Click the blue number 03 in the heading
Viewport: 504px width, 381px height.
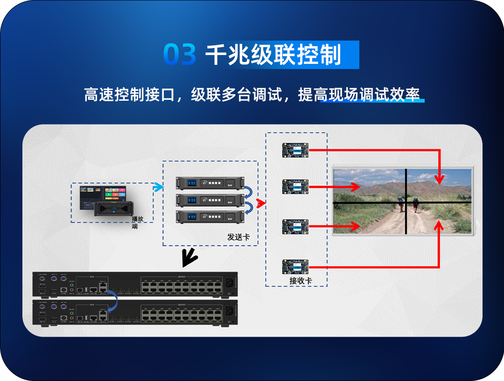tap(180, 55)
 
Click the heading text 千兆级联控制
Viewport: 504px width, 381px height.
tap(273, 55)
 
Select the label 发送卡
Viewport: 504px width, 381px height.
tap(238, 237)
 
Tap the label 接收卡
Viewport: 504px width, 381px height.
tap(301, 281)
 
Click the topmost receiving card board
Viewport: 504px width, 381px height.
tap(295, 150)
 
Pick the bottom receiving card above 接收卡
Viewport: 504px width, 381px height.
tap(295, 267)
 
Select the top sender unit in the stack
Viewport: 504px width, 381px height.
tap(210, 183)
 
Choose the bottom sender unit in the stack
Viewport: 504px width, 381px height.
tap(210, 217)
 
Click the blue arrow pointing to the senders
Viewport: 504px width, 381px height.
tap(158, 187)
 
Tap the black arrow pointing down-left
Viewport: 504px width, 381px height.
tap(189, 256)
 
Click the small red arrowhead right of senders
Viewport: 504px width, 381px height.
tap(261, 204)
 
